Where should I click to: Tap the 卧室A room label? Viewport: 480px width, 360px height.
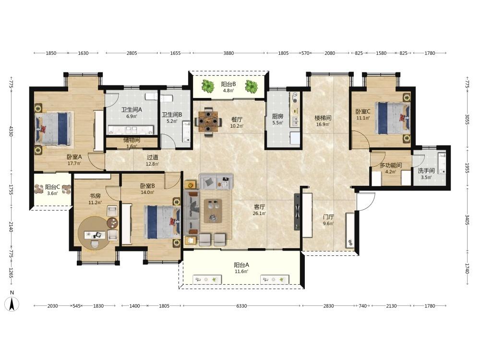(x=74, y=157)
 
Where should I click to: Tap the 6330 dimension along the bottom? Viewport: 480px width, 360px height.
(x=241, y=306)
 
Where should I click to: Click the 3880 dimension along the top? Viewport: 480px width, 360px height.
(x=228, y=53)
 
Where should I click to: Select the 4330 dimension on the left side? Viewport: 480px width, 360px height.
(x=11, y=131)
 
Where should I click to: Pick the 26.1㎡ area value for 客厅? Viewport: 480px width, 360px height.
(x=259, y=214)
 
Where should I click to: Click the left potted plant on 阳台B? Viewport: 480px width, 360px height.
(x=208, y=86)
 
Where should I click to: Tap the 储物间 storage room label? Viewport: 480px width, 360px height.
(x=132, y=140)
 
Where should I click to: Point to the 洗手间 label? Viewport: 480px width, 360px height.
(x=426, y=170)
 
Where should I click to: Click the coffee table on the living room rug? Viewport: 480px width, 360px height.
(x=213, y=211)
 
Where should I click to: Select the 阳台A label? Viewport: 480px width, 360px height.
(x=241, y=265)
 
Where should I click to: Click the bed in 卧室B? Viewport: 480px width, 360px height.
(x=162, y=222)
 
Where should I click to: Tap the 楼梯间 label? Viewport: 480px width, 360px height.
(x=323, y=118)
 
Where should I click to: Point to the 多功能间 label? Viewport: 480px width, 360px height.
(x=391, y=166)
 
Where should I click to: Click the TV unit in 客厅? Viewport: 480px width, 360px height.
(x=298, y=212)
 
